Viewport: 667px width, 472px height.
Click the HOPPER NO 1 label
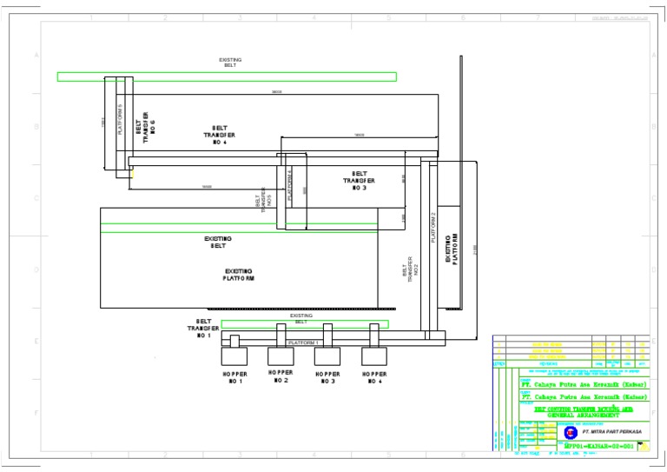pyautogui.click(x=235, y=377)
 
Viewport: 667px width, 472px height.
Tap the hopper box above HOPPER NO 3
pyautogui.click(x=327, y=355)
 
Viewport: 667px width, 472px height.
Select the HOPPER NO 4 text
pyautogui.click(x=373, y=377)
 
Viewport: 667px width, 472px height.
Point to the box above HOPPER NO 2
pyautogui.click(x=281, y=355)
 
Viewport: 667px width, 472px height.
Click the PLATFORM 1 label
pyautogui.click(x=303, y=342)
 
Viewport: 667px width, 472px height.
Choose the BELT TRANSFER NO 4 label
pyautogui.click(x=220, y=135)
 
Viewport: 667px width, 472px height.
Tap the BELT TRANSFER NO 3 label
pyautogui.click(x=360, y=181)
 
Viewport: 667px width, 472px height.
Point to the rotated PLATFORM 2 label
pyautogui.click(x=433, y=227)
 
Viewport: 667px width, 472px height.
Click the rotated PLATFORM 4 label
pyautogui.click(x=290, y=184)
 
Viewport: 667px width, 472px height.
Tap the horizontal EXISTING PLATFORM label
pyautogui.click(x=240, y=276)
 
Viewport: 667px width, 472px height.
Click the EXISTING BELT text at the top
pyautogui.click(x=230, y=63)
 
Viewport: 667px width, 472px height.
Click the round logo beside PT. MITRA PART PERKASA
pyautogui.click(x=570, y=432)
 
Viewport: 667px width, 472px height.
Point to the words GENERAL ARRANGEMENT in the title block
pyautogui.click(x=585, y=415)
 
